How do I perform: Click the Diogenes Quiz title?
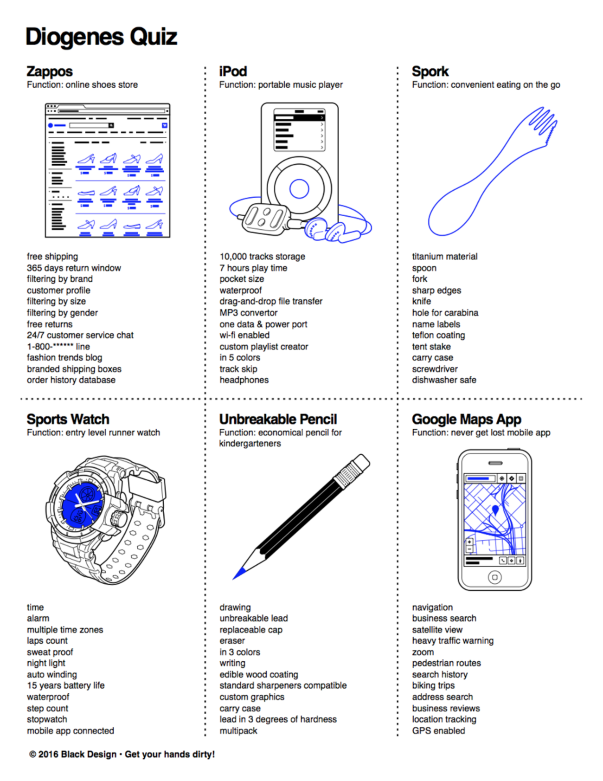[x=101, y=37]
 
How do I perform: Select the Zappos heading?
[x=50, y=71]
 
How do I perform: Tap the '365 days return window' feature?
[x=74, y=268]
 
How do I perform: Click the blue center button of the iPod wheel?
[x=299, y=188]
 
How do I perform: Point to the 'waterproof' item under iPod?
[x=240, y=290]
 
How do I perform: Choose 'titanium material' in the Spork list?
[x=444, y=257]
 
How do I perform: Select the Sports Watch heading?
[x=68, y=419]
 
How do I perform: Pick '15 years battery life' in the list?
[x=65, y=685]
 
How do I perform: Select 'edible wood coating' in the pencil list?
[x=258, y=674]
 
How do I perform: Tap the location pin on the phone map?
[x=495, y=510]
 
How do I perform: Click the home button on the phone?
[x=494, y=577]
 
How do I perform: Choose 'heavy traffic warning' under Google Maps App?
[x=452, y=641]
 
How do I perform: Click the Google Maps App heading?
[x=466, y=419]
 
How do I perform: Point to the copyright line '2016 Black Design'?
[x=122, y=754]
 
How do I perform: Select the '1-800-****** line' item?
[x=58, y=347]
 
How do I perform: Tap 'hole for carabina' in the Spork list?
[x=445, y=313]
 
